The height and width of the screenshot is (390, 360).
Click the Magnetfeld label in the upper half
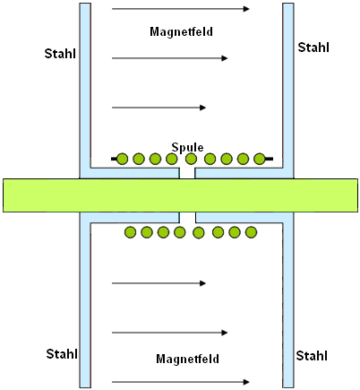click(x=181, y=31)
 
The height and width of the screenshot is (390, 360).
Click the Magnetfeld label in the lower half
click(x=187, y=359)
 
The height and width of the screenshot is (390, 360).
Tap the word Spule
click(x=187, y=147)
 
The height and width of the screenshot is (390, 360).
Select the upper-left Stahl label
click(x=60, y=54)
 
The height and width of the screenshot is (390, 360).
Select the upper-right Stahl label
click(x=313, y=48)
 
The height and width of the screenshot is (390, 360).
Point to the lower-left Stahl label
click(x=62, y=354)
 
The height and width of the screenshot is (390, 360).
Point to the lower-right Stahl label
click(x=312, y=356)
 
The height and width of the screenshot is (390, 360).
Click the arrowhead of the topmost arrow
click(x=246, y=9)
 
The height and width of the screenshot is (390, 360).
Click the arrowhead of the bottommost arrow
click(x=246, y=382)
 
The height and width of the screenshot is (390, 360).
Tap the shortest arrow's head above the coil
click(x=202, y=108)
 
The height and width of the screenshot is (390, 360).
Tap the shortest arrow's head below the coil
click(x=202, y=283)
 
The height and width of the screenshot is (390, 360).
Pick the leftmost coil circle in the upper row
click(x=122, y=159)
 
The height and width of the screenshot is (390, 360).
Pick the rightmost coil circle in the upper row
click(x=259, y=159)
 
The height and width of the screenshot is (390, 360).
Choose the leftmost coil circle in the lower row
click(x=130, y=232)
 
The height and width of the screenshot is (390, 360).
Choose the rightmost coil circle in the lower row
click(x=251, y=232)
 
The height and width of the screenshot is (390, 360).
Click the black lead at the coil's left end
click(x=114, y=159)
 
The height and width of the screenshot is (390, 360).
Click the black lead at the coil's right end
click(x=269, y=159)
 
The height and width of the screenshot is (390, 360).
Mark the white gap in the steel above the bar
click(x=187, y=173)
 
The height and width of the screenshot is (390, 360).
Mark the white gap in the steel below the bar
click(x=187, y=218)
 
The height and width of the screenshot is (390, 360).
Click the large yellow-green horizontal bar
click(x=180, y=195)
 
